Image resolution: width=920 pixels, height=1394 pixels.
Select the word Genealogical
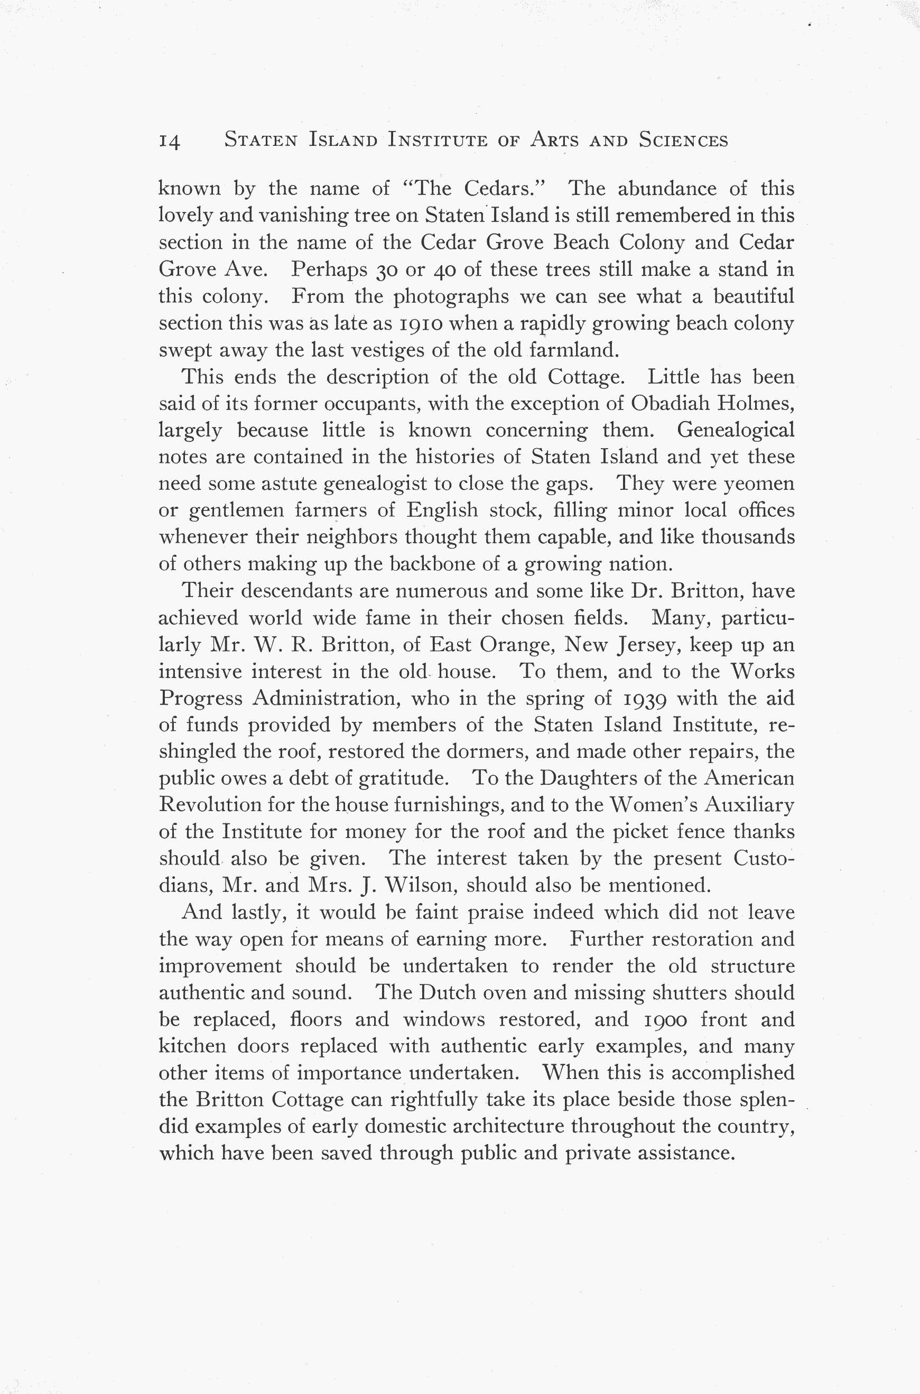click(x=735, y=431)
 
